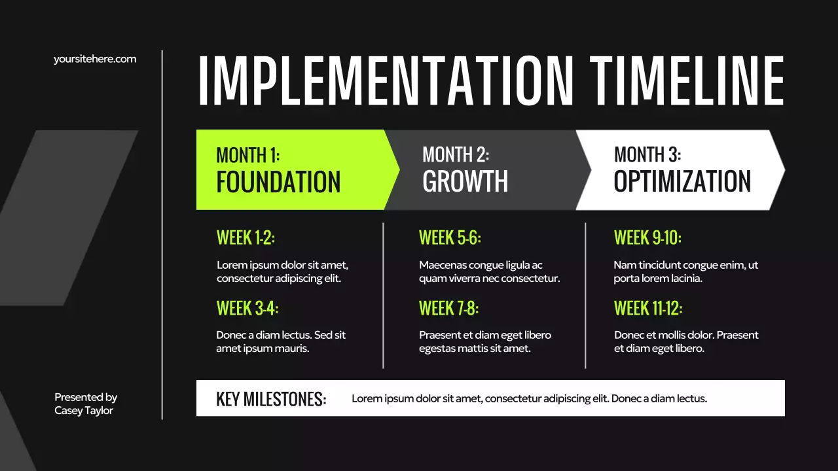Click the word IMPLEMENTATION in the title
coord(386,80)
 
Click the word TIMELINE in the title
coord(686,80)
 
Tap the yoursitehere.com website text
coord(95,59)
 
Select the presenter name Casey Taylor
coord(84,411)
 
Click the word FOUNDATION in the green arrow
coord(278,182)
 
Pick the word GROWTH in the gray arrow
coord(465,182)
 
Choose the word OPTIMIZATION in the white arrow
coord(682,182)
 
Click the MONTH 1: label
coord(248,155)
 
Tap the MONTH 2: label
coord(456,155)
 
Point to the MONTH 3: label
coord(647,155)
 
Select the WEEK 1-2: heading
coord(246,238)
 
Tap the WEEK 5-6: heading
coord(450,238)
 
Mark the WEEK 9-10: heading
coord(647,238)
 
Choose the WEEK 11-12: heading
coord(648,308)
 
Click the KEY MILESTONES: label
coord(271,399)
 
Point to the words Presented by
coord(86,397)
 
